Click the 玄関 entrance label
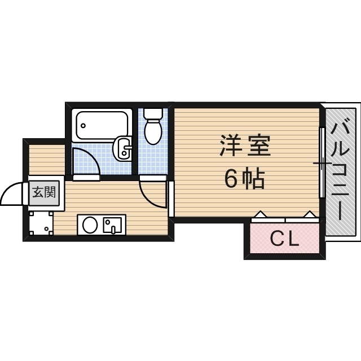43,192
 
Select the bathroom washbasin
122,149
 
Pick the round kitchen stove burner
90,225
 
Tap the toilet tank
153,112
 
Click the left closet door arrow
261,214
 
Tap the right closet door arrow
310,214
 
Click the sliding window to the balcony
322,163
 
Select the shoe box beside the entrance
41,223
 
